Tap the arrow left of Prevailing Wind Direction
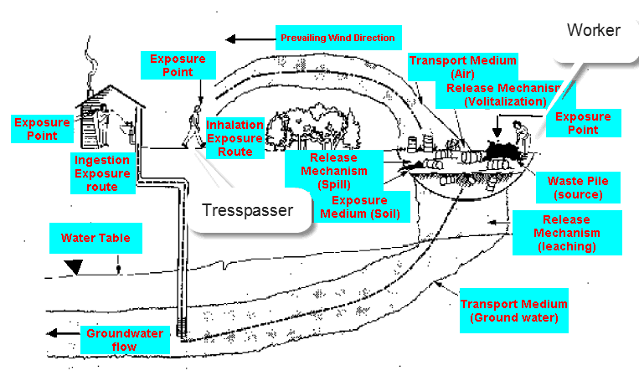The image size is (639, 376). [x=243, y=39]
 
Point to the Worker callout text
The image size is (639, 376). [x=594, y=31]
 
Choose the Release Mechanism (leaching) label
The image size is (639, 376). [x=566, y=232]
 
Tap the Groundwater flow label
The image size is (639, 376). [x=112, y=339]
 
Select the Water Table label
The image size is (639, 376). [x=95, y=238]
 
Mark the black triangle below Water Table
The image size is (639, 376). [x=75, y=267]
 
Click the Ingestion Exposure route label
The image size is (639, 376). [x=100, y=173]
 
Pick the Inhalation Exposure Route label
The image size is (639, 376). [x=235, y=136]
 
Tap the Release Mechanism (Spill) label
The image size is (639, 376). [x=333, y=171]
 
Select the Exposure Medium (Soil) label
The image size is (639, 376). [x=360, y=207]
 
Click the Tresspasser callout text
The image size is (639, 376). [x=248, y=210]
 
